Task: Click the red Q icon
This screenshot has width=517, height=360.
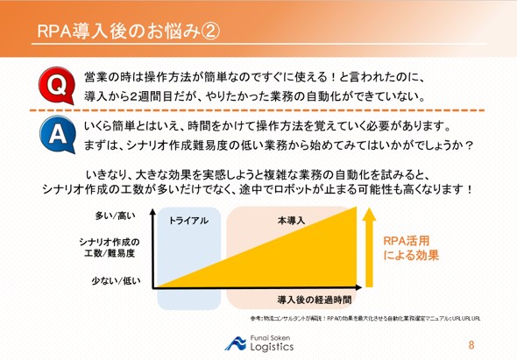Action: (53, 85)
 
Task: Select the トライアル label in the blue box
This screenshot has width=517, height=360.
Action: (188, 220)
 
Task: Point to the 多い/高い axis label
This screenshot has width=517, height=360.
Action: (120, 215)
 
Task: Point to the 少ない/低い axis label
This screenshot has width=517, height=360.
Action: (120, 280)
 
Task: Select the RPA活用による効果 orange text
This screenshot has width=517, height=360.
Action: (411, 248)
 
